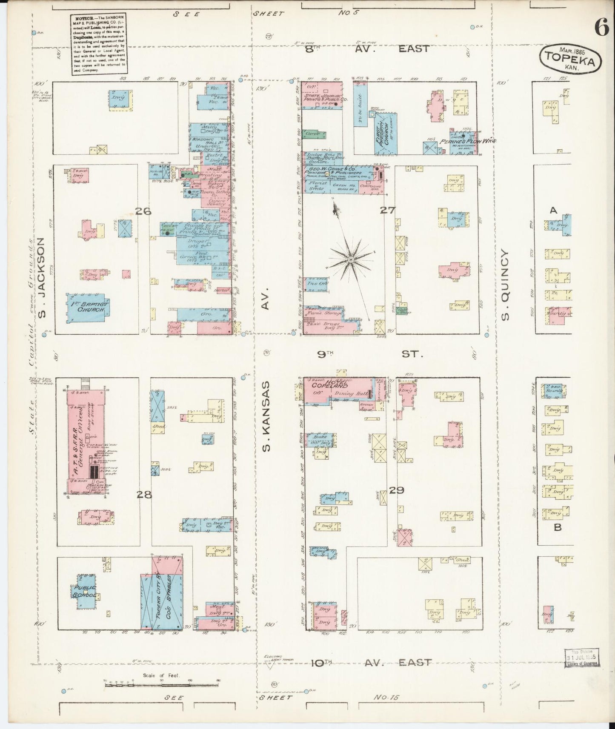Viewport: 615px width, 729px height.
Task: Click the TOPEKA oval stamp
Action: point(571,59)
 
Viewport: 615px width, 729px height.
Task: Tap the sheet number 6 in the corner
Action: point(601,28)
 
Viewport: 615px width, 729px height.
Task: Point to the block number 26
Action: point(143,211)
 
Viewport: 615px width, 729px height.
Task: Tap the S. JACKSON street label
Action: point(41,278)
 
